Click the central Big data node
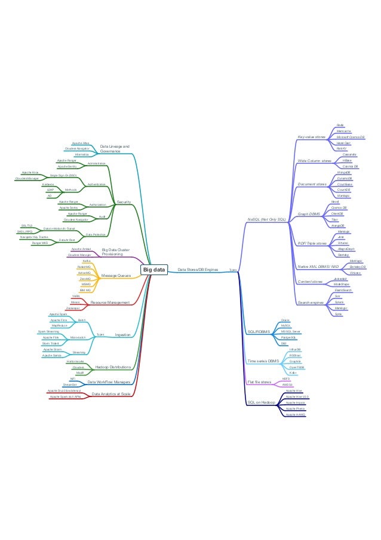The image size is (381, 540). point(153,270)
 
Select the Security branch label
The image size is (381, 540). point(124,202)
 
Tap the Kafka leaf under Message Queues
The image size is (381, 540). point(87,261)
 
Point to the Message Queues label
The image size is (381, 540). point(116,275)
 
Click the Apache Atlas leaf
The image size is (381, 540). point(81,144)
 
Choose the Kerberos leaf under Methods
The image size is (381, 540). point(49,184)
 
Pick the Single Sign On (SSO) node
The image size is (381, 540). point(63,175)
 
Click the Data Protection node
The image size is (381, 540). point(96,234)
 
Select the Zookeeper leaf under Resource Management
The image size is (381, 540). point(73,309)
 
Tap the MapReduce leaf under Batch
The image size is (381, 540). point(59,325)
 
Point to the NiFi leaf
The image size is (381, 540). point(72,379)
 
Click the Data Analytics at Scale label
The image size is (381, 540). point(112,394)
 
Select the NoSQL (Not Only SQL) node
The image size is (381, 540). point(267,220)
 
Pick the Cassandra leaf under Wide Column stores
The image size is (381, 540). point(334,154)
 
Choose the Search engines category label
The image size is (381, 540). point(310,302)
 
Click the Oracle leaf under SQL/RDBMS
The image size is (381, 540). point(285,320)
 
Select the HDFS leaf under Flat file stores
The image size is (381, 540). point(285,379)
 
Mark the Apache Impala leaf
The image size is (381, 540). point(295,402)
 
